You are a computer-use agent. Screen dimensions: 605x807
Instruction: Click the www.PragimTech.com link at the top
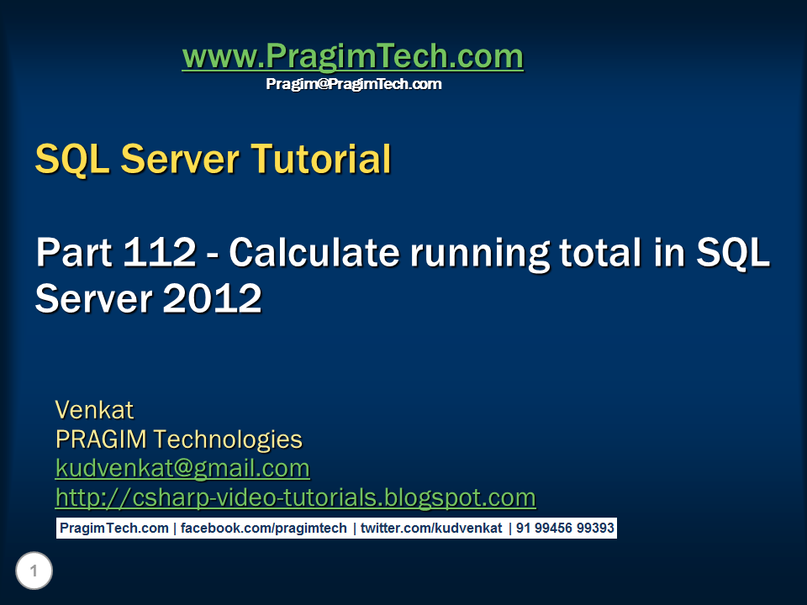click(352, 57)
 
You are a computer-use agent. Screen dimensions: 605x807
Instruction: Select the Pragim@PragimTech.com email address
click(353, 84)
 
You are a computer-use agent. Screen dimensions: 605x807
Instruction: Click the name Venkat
click(94, 410)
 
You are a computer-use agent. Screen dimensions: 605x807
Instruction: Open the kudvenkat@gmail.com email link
click(182, 467)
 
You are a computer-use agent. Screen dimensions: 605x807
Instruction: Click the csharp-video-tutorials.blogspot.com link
click(295, 497)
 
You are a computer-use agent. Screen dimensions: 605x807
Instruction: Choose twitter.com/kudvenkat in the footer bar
click(431, 529)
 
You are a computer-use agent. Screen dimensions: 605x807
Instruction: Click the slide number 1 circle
click(34, 572)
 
